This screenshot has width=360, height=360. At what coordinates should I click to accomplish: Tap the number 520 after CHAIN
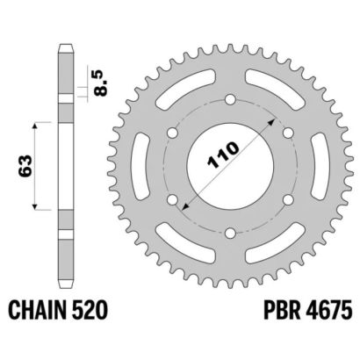pyautogui.click(x=91, y=310)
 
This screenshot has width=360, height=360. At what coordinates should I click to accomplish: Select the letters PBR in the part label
pyautogui.click(x=283, y=310)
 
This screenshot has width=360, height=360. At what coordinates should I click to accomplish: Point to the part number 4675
pyautogui.click(x=328, y=310)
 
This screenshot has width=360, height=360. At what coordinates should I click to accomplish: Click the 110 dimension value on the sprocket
pyautogui.click(x=223, y=155)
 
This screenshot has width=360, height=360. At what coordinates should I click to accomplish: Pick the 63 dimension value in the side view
pyautogui.click(x=25, y=166)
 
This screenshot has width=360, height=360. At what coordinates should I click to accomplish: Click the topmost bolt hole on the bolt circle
pyautogui.click(x=231, y=100)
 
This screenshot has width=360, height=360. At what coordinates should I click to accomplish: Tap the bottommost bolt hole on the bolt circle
pyautogui.click(x=231, y=234)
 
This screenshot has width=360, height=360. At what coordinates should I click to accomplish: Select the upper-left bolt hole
pyautogui.click(x=173, y=133)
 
